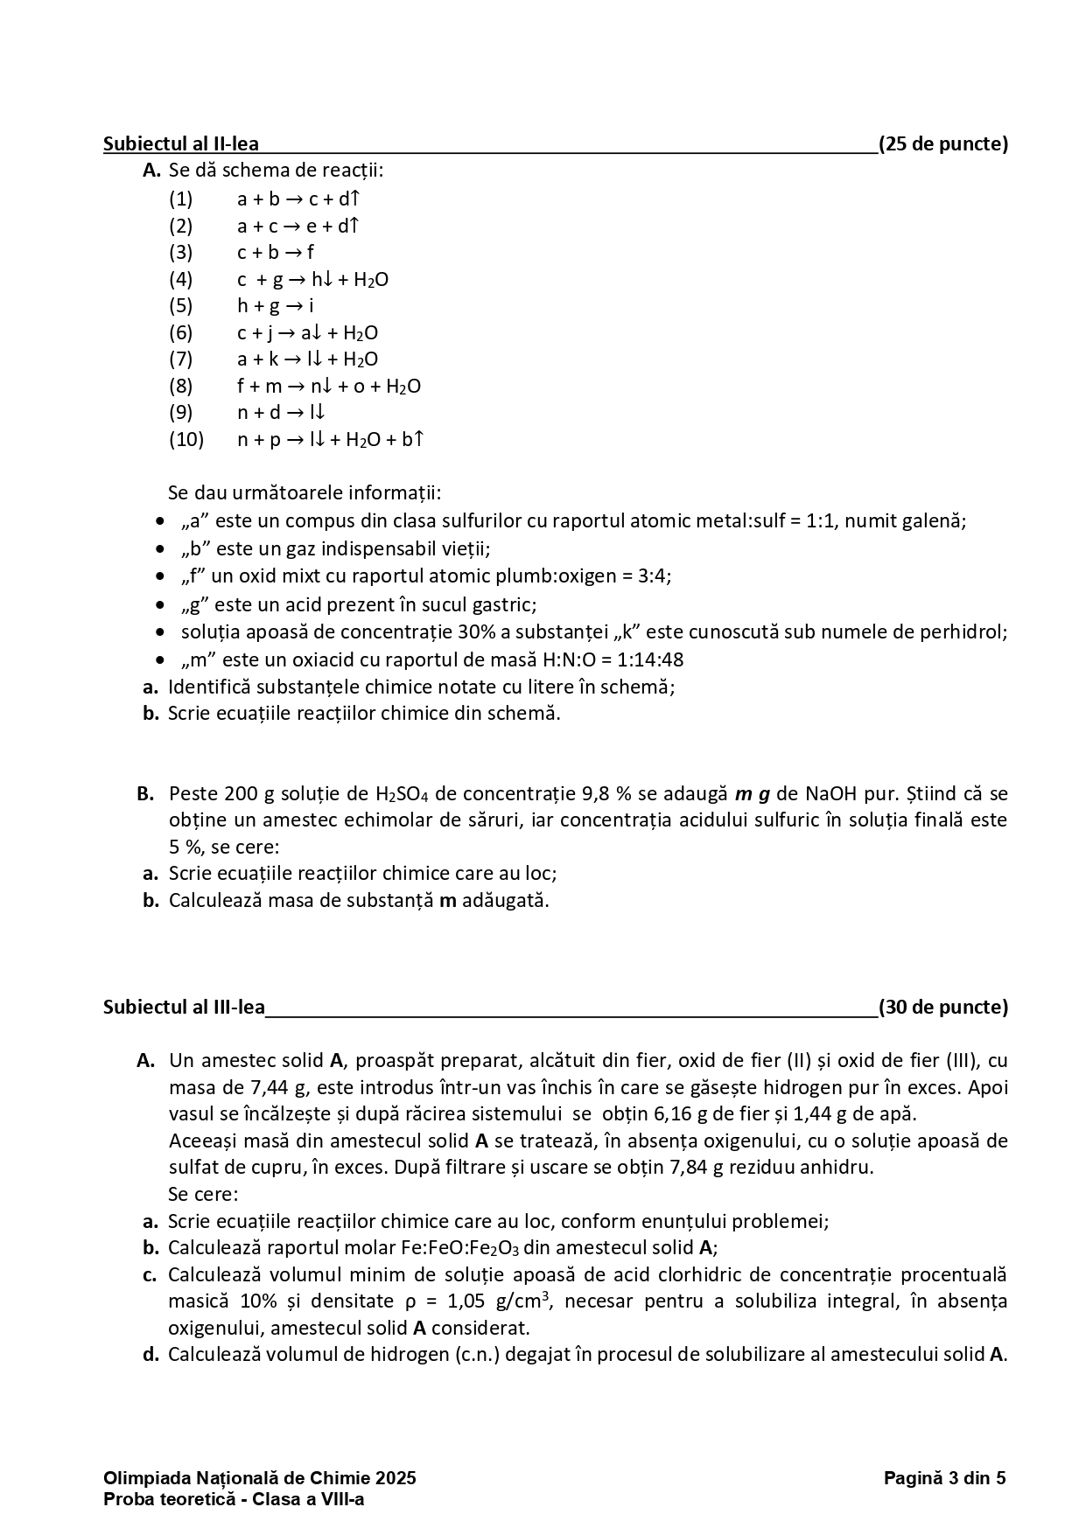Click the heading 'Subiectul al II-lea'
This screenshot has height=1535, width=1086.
181,144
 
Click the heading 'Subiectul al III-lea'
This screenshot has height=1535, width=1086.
184,1007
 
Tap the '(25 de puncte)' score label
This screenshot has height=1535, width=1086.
943,144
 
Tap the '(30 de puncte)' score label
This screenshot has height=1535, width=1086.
943,1007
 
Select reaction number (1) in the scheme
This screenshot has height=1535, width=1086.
181,199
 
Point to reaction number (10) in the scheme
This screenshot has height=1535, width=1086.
186,439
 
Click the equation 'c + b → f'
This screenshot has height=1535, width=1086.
276,253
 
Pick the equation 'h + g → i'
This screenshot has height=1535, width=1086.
276,306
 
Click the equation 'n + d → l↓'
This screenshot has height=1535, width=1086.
282,413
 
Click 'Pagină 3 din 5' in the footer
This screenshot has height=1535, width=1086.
944,1478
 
